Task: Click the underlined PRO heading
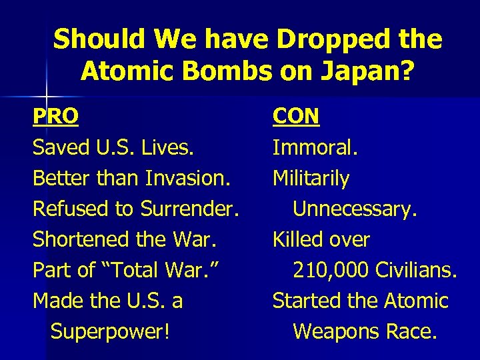pos(55,117)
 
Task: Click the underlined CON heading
pos(296,117)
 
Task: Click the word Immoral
pos(315,147)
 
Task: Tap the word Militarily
pos(311,178)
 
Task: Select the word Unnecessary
pos(355,209)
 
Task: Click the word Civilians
pos(416,270)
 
